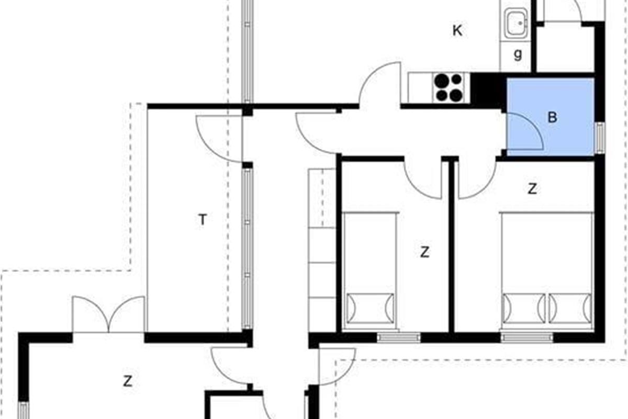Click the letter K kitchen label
pos(457,30)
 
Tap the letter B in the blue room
pos(552,117)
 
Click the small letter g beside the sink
pos(518,54)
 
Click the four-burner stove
pos(451,87)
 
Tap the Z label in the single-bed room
pos(425,252)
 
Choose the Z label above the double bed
pos(532,189)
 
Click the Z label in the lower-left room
pos(128,381)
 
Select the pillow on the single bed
pos(370,308)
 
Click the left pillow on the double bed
pos(524,308)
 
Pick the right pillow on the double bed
pos(570,308)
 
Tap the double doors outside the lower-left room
pos(108,314)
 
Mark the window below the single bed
pos(398,337)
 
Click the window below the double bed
pos(527,337)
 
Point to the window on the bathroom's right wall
pos(600,138)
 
